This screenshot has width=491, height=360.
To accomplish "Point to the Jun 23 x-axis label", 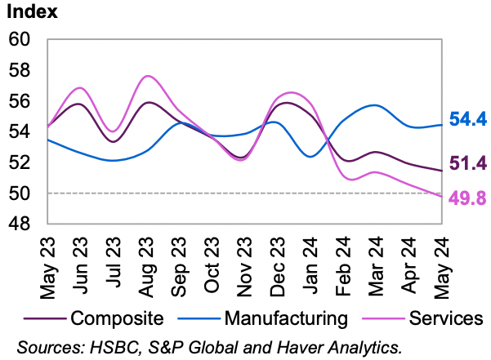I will (81, 261).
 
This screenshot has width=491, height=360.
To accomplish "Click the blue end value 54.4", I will (468, 120).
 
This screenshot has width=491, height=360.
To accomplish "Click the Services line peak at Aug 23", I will (147, 76).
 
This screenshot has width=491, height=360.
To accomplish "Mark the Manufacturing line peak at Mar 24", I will (373, 105).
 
